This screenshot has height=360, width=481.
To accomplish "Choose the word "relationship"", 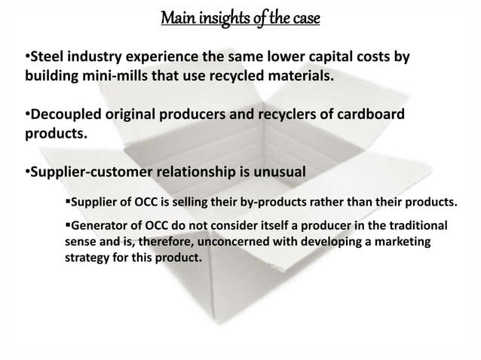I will coord(185,171).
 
